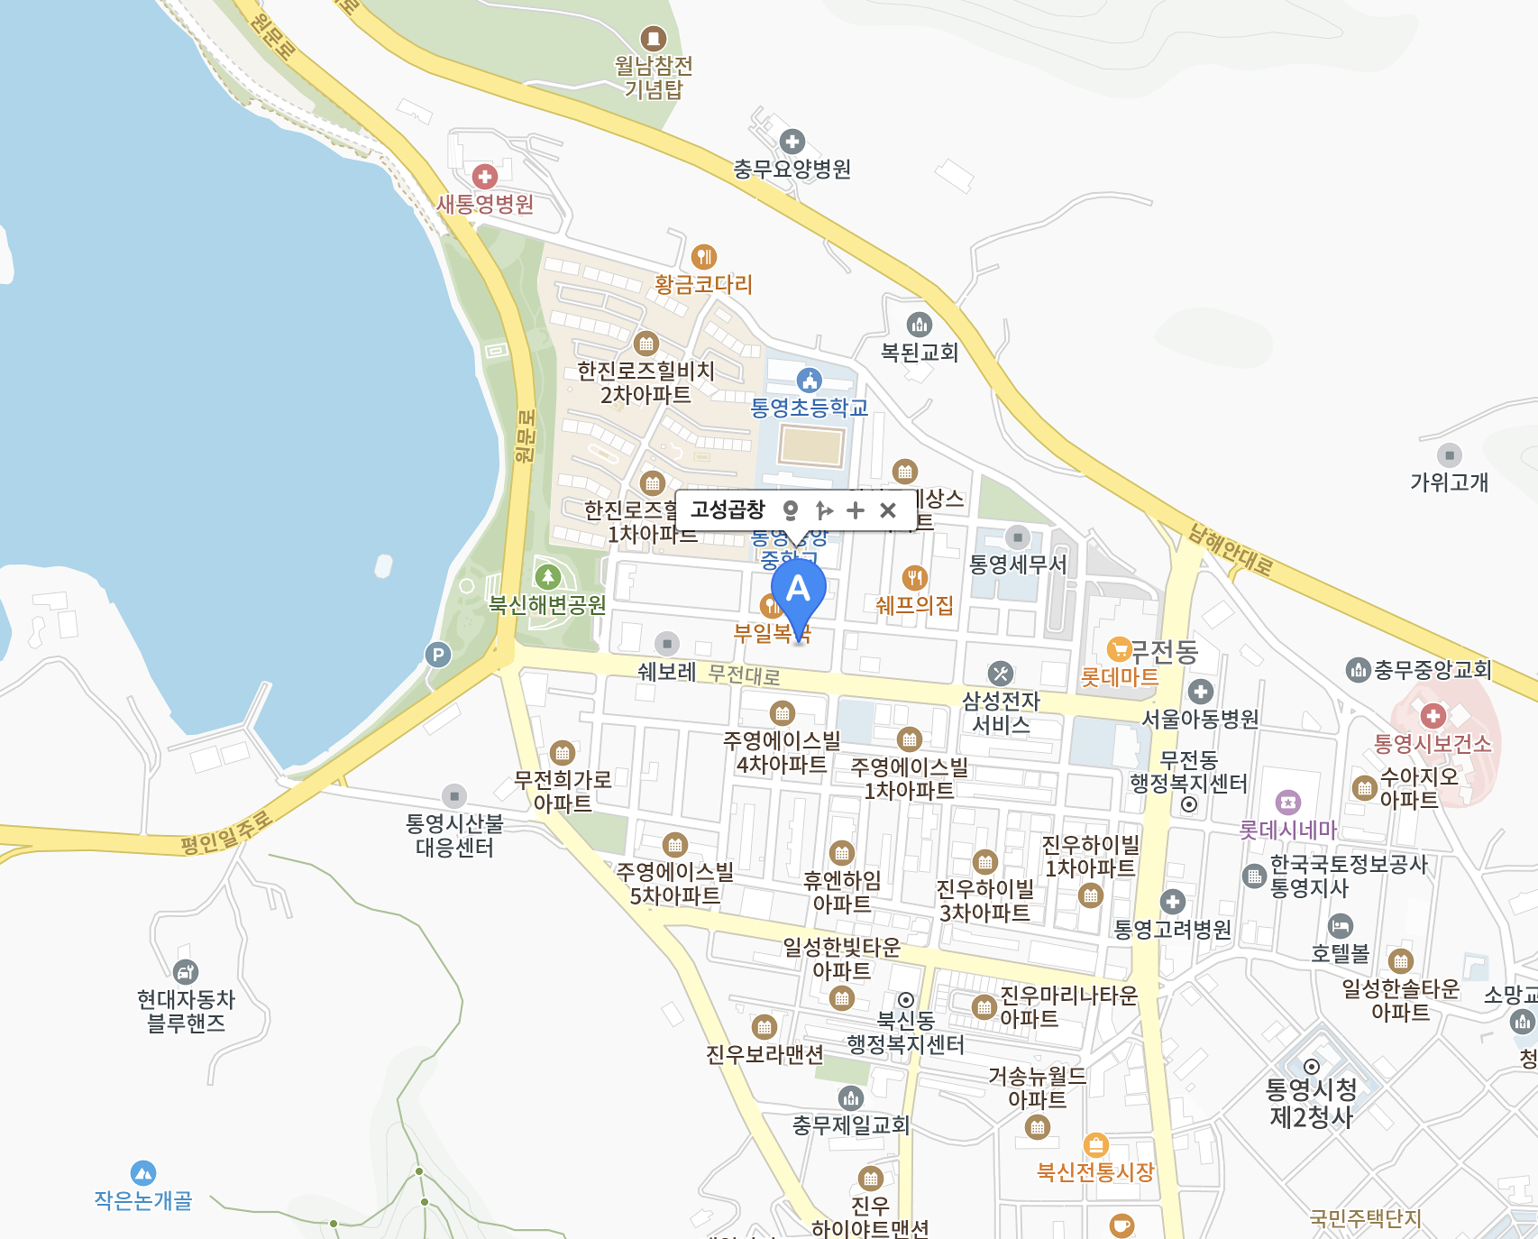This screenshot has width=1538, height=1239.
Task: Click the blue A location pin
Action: [798, 592]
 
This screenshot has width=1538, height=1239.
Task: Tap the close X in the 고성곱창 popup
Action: [887, 510]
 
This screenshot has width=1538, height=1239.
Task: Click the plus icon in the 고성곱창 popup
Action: [856, 510]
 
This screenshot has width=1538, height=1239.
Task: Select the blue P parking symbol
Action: [438, 655]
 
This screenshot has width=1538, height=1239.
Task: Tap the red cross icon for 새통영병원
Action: [485, 176]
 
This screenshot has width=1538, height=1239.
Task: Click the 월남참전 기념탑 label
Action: [654, 77]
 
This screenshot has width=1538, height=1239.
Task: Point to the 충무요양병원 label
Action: [792, 169]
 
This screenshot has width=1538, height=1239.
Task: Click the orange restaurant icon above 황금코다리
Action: [704, 256]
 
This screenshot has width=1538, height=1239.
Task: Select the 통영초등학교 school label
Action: [809, 408]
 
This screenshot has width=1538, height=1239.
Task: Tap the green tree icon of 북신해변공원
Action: [548, 576]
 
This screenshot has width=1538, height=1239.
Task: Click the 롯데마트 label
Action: [1120, 676]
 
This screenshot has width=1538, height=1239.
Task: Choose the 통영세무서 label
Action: [1017, 564]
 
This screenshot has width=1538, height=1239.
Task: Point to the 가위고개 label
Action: [1449, 482]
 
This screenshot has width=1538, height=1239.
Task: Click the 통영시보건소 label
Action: [1432, 744]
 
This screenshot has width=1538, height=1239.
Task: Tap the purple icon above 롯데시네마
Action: [1288, 802]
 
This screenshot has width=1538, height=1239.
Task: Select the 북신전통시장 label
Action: [1095, 1171]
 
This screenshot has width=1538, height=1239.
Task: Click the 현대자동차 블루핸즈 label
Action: [186, 1011]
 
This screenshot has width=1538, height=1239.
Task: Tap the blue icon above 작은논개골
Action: [143, 1173]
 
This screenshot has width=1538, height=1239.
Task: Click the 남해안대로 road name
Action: [1231, 549]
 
